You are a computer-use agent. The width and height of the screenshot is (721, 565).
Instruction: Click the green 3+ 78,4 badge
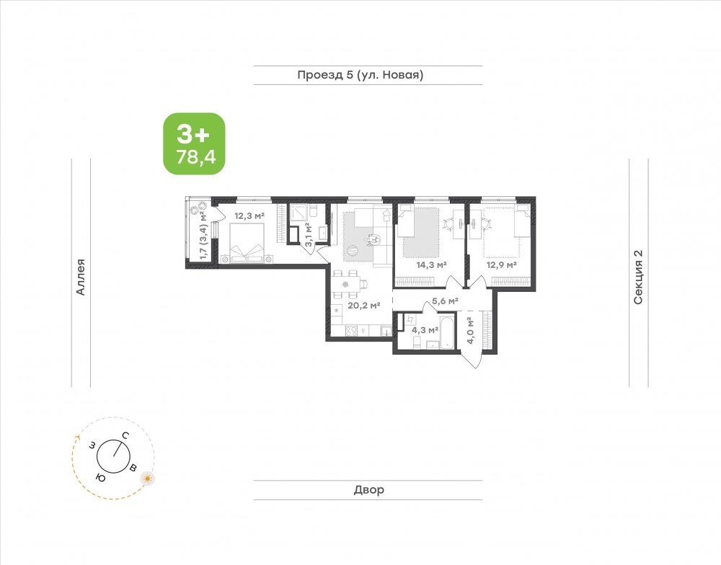tap(195, 143)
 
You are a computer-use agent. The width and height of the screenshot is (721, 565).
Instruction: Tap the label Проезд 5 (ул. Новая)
tap(360, 75)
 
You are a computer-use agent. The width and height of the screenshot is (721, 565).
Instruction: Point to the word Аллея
tap(81, 277)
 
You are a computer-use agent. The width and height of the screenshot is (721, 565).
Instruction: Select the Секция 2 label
tap(638, 277)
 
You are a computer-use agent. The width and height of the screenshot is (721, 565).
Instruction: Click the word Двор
tap(368, 489)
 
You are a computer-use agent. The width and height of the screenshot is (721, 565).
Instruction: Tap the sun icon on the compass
tap(148, 478)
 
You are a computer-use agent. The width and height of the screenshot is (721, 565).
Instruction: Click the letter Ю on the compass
tap(100, 478)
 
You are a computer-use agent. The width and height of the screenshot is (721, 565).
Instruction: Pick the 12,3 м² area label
tap(249, 215)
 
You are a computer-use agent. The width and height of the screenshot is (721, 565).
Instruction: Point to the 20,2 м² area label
tap(363, 306)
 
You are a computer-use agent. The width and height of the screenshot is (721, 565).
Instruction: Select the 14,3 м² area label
tap(432, 264)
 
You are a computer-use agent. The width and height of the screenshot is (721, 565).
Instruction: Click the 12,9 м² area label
tap(502, 264)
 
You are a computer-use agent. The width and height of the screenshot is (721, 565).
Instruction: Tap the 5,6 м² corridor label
tap(445, 301)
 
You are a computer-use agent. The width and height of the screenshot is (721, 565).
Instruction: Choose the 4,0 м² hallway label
tap(470, 330)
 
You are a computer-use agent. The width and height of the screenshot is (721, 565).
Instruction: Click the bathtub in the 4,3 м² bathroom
tap(447, 331)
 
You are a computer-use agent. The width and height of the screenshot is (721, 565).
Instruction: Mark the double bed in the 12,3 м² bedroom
tap(247, 243)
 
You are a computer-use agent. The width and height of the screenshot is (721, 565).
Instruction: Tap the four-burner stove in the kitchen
tap(352, 330)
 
